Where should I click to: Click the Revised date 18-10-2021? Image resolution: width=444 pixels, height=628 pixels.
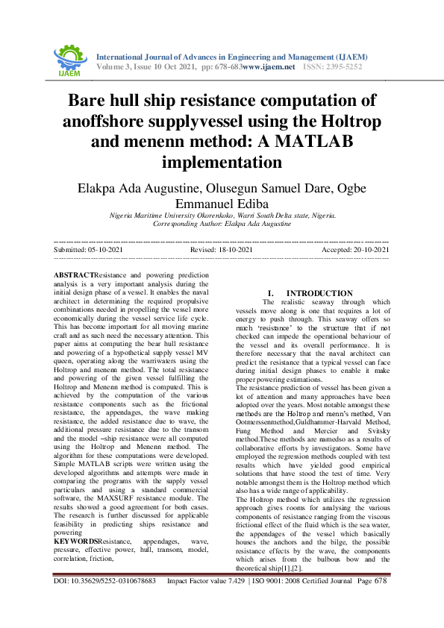coord(236,251)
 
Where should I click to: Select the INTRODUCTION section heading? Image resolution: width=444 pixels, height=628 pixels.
coord(321,294)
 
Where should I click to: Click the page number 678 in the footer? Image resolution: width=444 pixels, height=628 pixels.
coord(381,600)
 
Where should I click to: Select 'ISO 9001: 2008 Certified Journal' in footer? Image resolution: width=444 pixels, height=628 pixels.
coord(301,600)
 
